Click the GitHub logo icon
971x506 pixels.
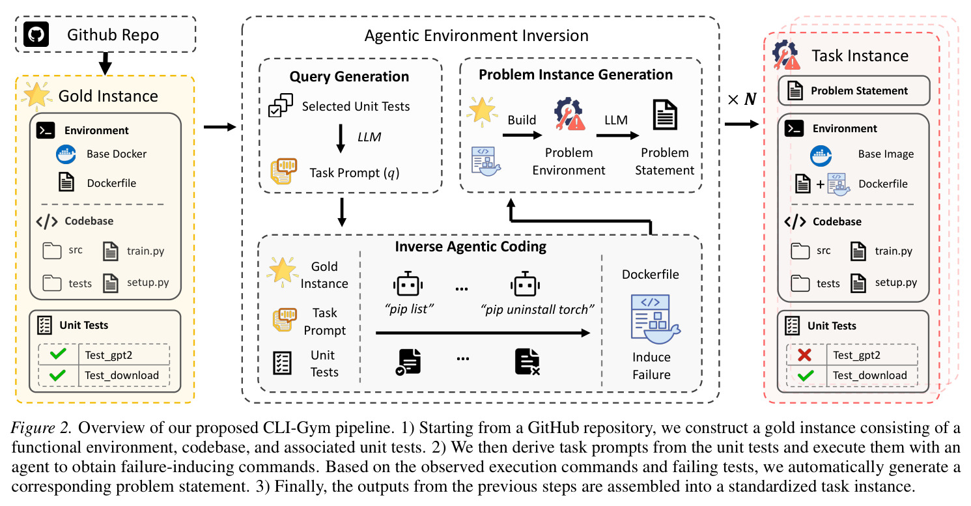pyautogui.click(x=36, y=35)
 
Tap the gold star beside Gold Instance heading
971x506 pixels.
pyautogui.click(x=37, y=96)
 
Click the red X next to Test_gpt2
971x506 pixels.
pyautogui.click(x=804, y=355)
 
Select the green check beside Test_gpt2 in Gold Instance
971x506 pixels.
pyautogui.click(x=58, y=354)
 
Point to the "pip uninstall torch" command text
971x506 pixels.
pyautogui.click(x=537, y=309)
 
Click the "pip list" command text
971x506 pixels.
pyautogui.click(x=409, y=309)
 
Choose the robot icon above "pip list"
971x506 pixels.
pyautogui.click(x=408, y=284)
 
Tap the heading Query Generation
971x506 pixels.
pyautogui.click(x=349, y=76)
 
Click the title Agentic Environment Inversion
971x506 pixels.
pyautogui.click(x=477, y=36)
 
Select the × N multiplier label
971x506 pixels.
pyautogui.click(x=742, y=99)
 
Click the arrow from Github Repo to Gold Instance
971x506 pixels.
pyautogui.click(x=106, y=64)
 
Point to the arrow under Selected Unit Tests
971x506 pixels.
pyautogui.click(x=341, y=139)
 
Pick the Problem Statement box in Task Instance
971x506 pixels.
pyautogui.click(x=854, y=91)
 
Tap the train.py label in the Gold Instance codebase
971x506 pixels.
pyautogui.click(x=146, y=251)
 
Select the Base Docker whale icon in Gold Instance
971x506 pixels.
pyautogui.click(x=66, y=154)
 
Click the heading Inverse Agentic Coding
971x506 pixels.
pyautogui.click(x=470, y=246)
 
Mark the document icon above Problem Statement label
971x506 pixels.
pyautogui.click(x=665, y=115)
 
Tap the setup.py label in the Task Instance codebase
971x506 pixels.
pyautogui.click(x=896, y=283)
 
